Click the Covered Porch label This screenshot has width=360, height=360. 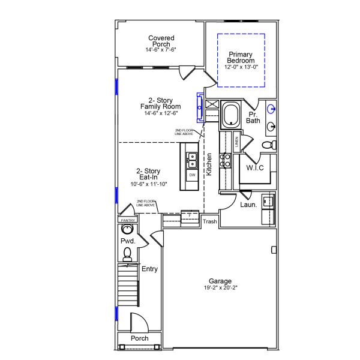point(161,41)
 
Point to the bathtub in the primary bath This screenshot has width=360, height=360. point(231,115)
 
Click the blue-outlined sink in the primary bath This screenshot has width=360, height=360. point(271,109)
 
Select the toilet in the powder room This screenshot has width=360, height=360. point(127,257)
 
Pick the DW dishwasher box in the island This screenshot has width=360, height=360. point(192,175)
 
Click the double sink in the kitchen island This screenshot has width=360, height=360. point(192,160)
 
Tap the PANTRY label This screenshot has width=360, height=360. point(128,220)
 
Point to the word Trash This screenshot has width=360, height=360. point(209,221)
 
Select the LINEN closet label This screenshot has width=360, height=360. point(236,142)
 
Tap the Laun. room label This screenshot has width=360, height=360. point(248,205)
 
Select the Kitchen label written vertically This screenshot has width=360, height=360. point(209,164)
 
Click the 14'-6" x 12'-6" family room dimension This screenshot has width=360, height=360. point(160,113)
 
